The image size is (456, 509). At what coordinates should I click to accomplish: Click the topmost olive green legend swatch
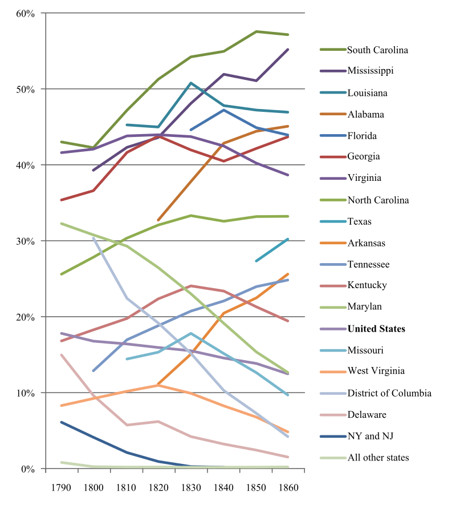(333, 50)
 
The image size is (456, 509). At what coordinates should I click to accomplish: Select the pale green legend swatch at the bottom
(333, 458)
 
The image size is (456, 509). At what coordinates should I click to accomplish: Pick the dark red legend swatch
(333, 157)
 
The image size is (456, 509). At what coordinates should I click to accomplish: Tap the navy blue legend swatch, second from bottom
(333, 437)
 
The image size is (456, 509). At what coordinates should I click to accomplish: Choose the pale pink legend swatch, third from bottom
(333, 415)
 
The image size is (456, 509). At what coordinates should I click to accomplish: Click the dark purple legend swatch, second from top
(333, 71)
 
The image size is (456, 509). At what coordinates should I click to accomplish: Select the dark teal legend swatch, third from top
(333, 92)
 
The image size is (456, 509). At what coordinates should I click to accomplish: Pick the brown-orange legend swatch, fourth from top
(333, 114)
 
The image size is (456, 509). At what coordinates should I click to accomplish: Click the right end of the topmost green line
(288, 35)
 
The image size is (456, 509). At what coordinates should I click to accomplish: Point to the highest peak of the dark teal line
(191, 83)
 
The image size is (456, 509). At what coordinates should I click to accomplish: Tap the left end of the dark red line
(61, 200)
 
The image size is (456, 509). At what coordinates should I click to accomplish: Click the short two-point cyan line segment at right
(272, 249)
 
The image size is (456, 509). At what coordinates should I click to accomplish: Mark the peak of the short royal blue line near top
(224, 110)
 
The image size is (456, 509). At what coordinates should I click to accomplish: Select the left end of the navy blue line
(61, 422)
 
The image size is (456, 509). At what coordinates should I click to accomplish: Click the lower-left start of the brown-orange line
(158, 219)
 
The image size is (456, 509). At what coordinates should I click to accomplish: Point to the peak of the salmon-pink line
(191, 285)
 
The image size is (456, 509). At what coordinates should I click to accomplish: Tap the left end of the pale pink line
(61, 354)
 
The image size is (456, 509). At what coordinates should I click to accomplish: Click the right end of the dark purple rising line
(288, 50)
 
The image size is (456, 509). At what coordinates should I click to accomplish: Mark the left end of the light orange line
(61, 405)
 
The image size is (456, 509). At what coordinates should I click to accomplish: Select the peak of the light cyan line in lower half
(191, 333)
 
